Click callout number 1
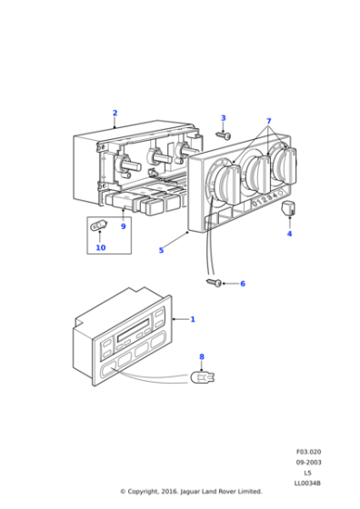[x=192, y=320]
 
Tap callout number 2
[x=115, y=114]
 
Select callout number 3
[x=223, y=118]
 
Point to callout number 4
[x=289, y=235]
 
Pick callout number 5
[x=161, y=250]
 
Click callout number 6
[x=242, y=284]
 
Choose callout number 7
[x=268, y=121]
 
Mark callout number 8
[x=202, y=357]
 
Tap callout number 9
[x=123, y=226]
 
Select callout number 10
[x=100, y=247]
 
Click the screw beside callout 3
[x=225, y=135]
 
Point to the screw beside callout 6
[x=215, y=284]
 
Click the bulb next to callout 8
[x=201, y=374]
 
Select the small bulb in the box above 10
[x=100, y=227]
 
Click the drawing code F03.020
[x=309, y=452]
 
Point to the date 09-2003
[x=309, y=463]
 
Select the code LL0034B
[x=309, y=484]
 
